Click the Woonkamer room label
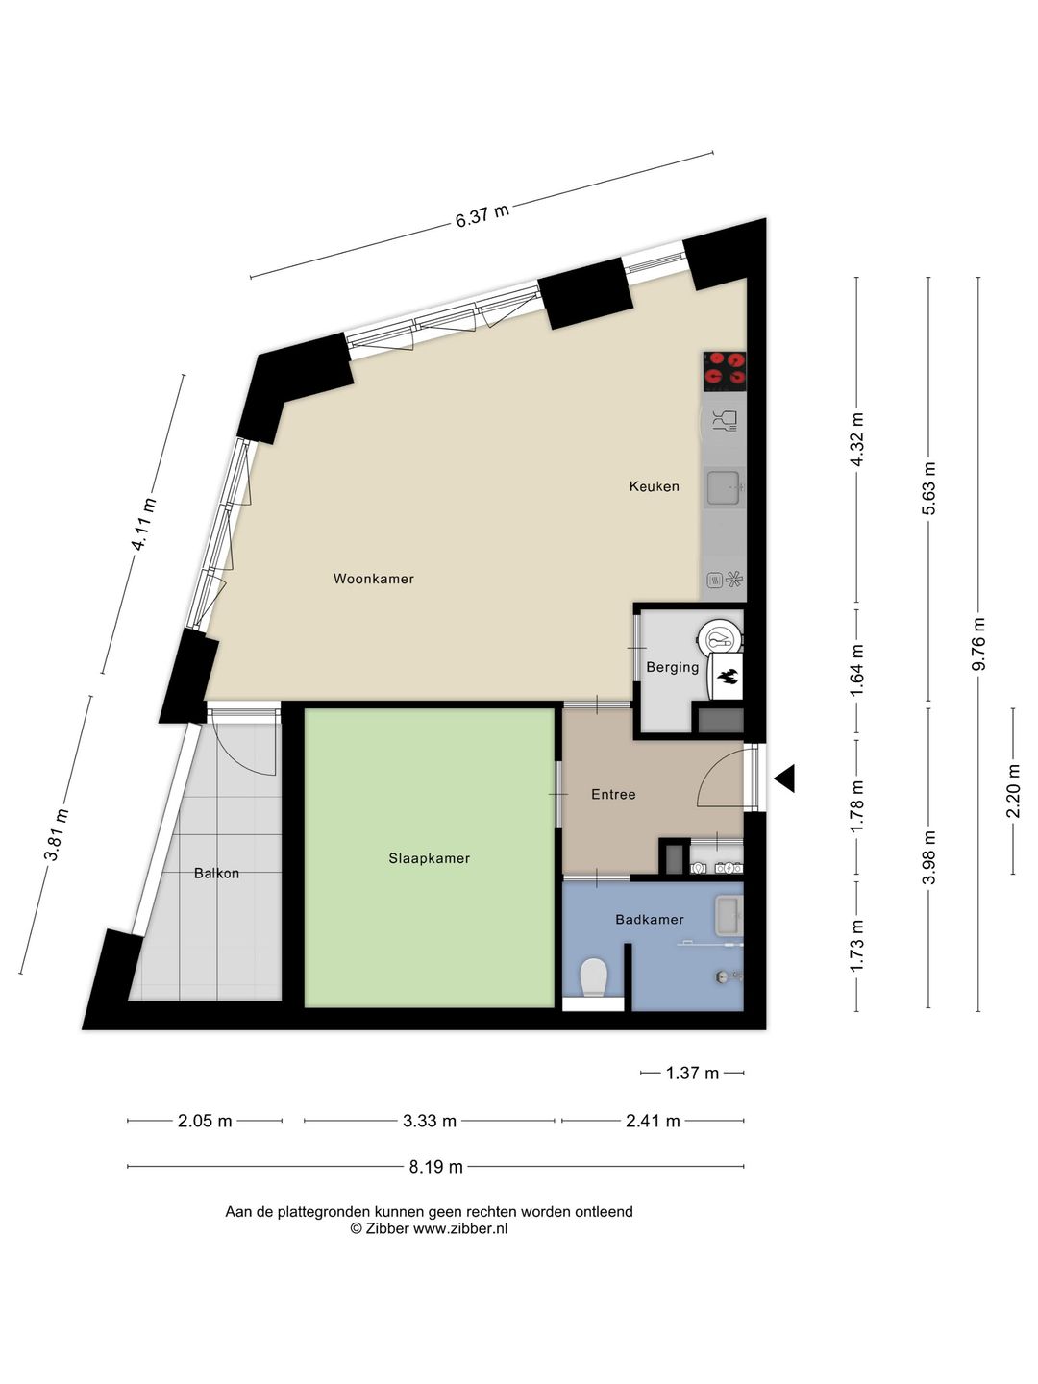click(373, 579)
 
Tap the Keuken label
click(655, 486)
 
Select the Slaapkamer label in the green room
click(430, 858)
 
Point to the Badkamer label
click(649, 920)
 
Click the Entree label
click(613, 795)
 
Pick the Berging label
click(673, 667)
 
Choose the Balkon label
click(217, 874)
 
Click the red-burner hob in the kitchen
click(725, 370)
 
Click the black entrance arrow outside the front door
click(784, 778)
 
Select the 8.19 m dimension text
click(436, 1167)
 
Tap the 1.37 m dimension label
click(692, 1073)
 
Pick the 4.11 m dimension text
click(144, 524)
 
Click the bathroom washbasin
click(729, 915)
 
